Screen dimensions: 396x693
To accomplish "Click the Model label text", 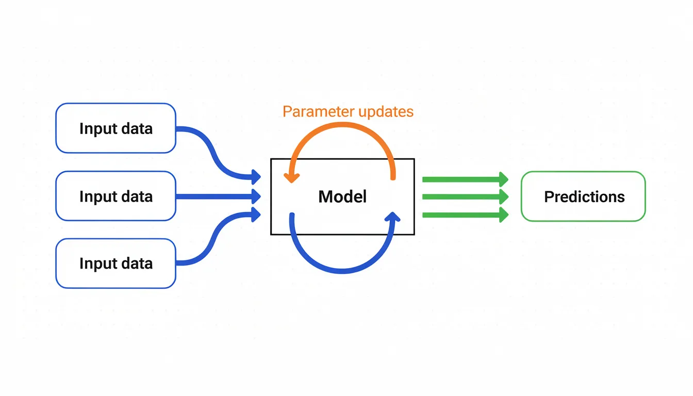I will coord(342,196).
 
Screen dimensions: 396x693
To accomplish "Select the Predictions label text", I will coord(584,196).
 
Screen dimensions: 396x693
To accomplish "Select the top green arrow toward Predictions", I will coord(464,179).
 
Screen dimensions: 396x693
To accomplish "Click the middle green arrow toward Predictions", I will coord(464,196).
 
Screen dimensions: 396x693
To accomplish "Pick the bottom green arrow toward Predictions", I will coord(464,214).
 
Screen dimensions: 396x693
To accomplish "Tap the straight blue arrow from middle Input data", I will coord(217,196).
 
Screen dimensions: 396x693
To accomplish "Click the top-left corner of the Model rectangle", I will coord(271,159).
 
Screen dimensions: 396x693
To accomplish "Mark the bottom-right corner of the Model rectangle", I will coord(414,235).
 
